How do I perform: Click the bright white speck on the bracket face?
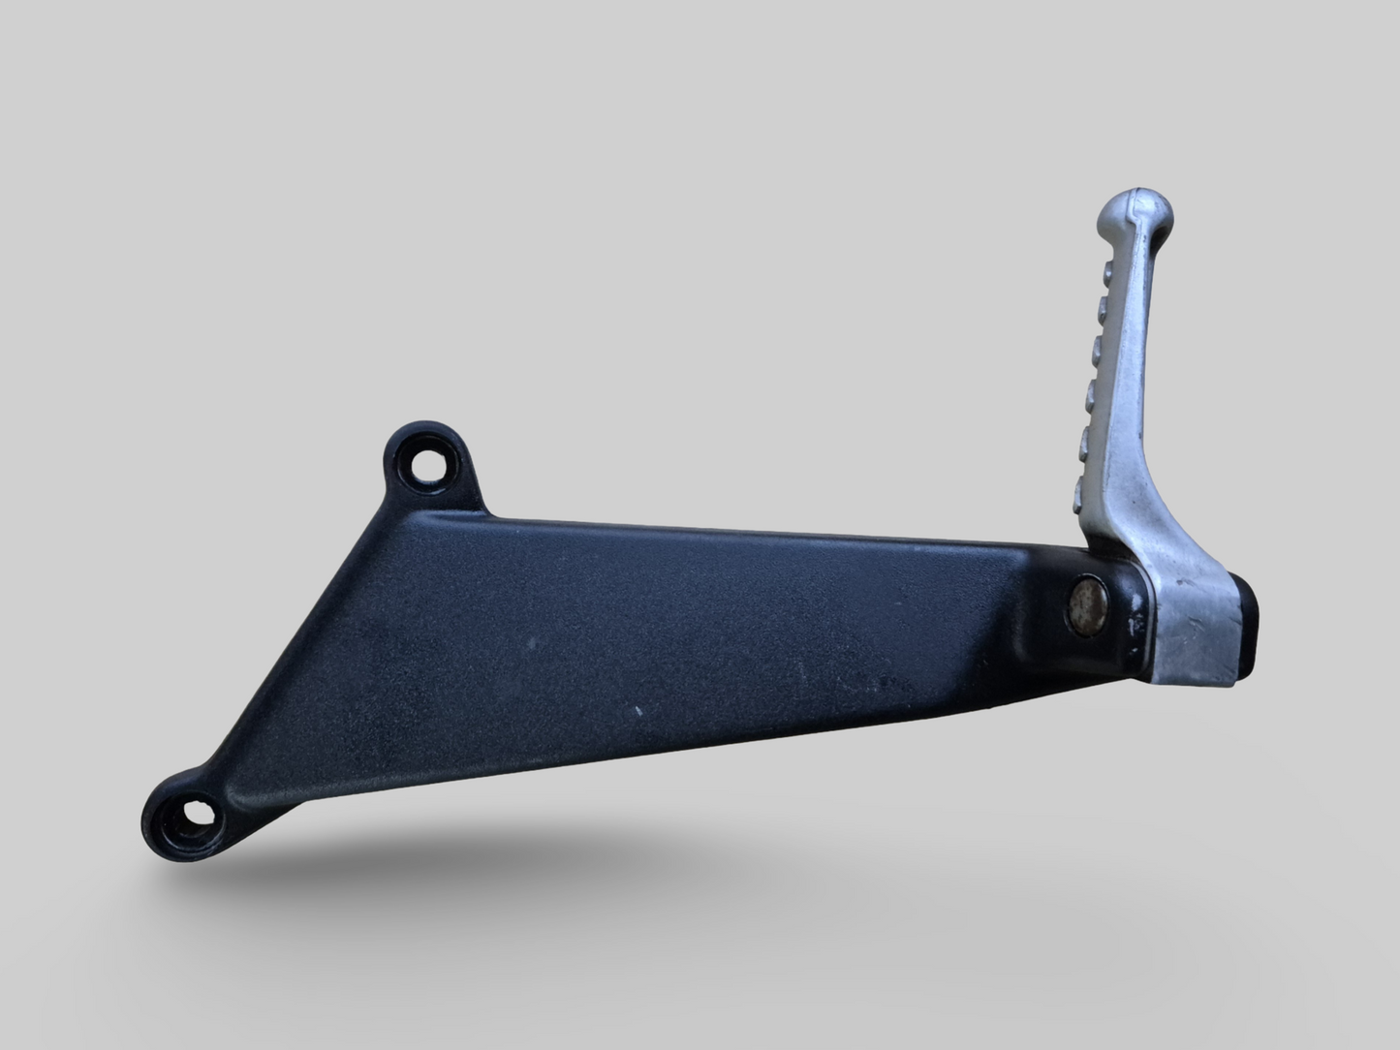pyautogui.click(x=638, y=712)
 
